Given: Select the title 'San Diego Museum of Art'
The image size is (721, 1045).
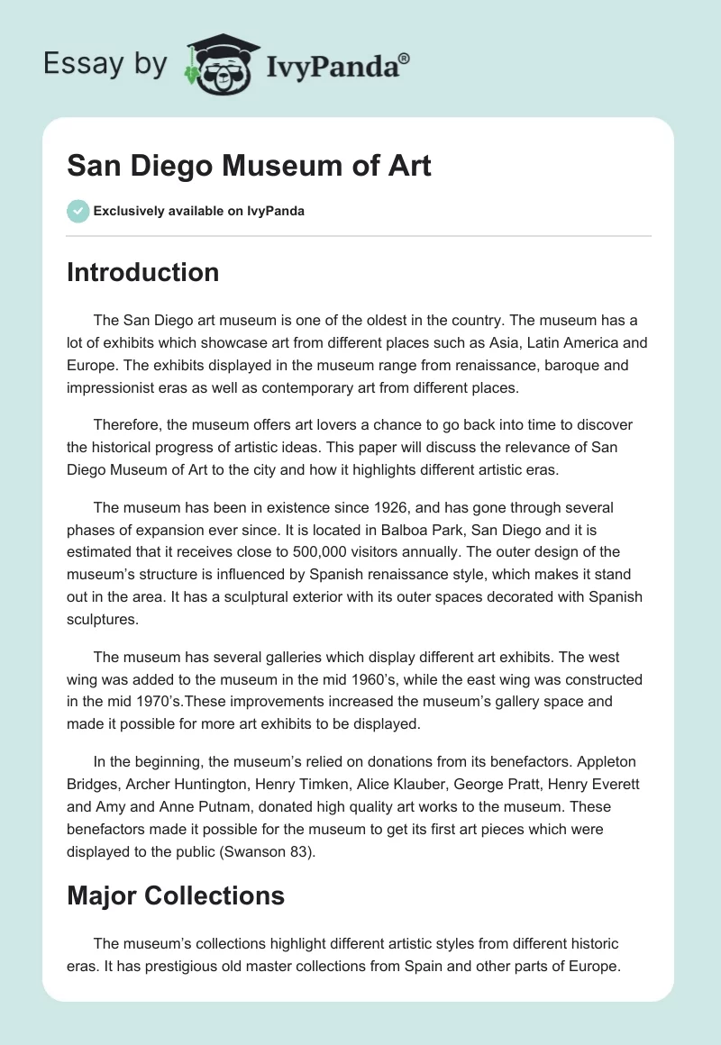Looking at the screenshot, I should (x=249, y=166).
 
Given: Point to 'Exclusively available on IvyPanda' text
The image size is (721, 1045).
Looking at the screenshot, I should (x=198, y=212).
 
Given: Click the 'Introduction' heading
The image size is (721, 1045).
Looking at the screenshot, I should (x=142, y=273).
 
